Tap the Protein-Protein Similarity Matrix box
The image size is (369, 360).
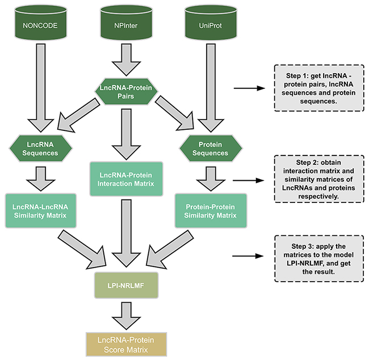tap(211, 210)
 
